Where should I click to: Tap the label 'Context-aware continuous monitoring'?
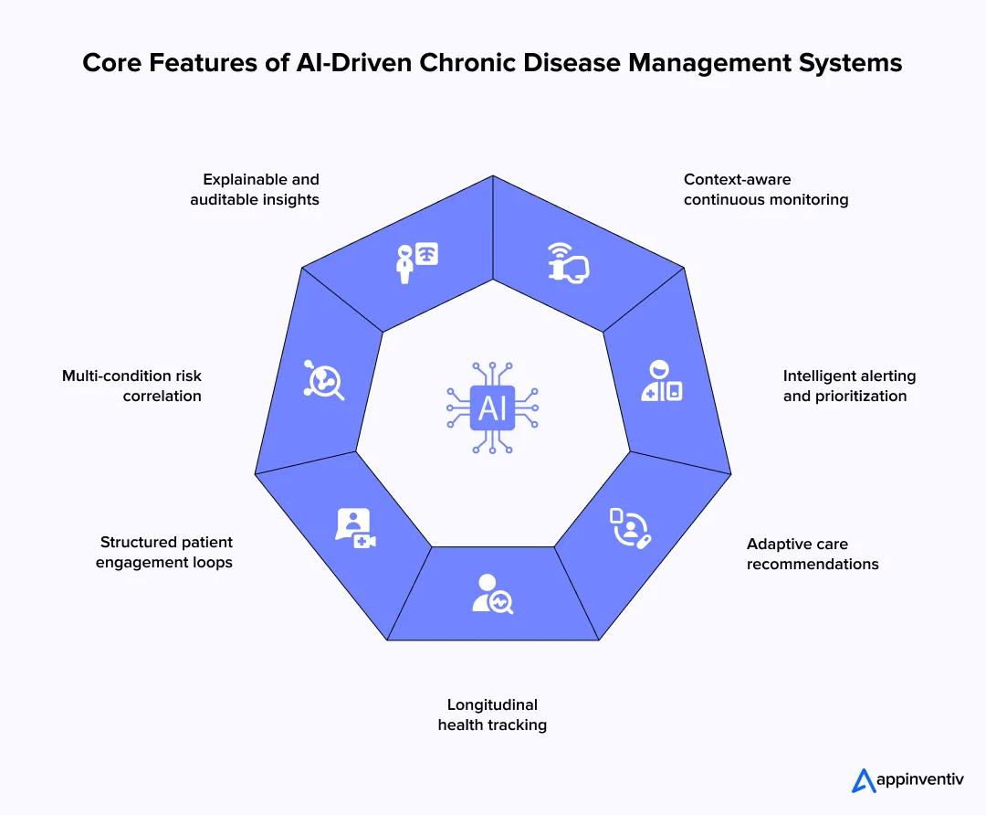point(765,189)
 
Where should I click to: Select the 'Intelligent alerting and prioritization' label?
point(849,386)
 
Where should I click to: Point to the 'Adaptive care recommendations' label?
point(813,554)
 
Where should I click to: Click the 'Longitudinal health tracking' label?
point(492,714)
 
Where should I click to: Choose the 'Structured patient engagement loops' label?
point(164,552)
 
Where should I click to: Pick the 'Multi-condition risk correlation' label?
point(131,386)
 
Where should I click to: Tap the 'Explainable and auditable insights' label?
point(255,189)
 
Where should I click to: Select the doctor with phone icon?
point(661,382)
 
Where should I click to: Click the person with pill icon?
point(630,528)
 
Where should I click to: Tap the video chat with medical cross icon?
point(355,528)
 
